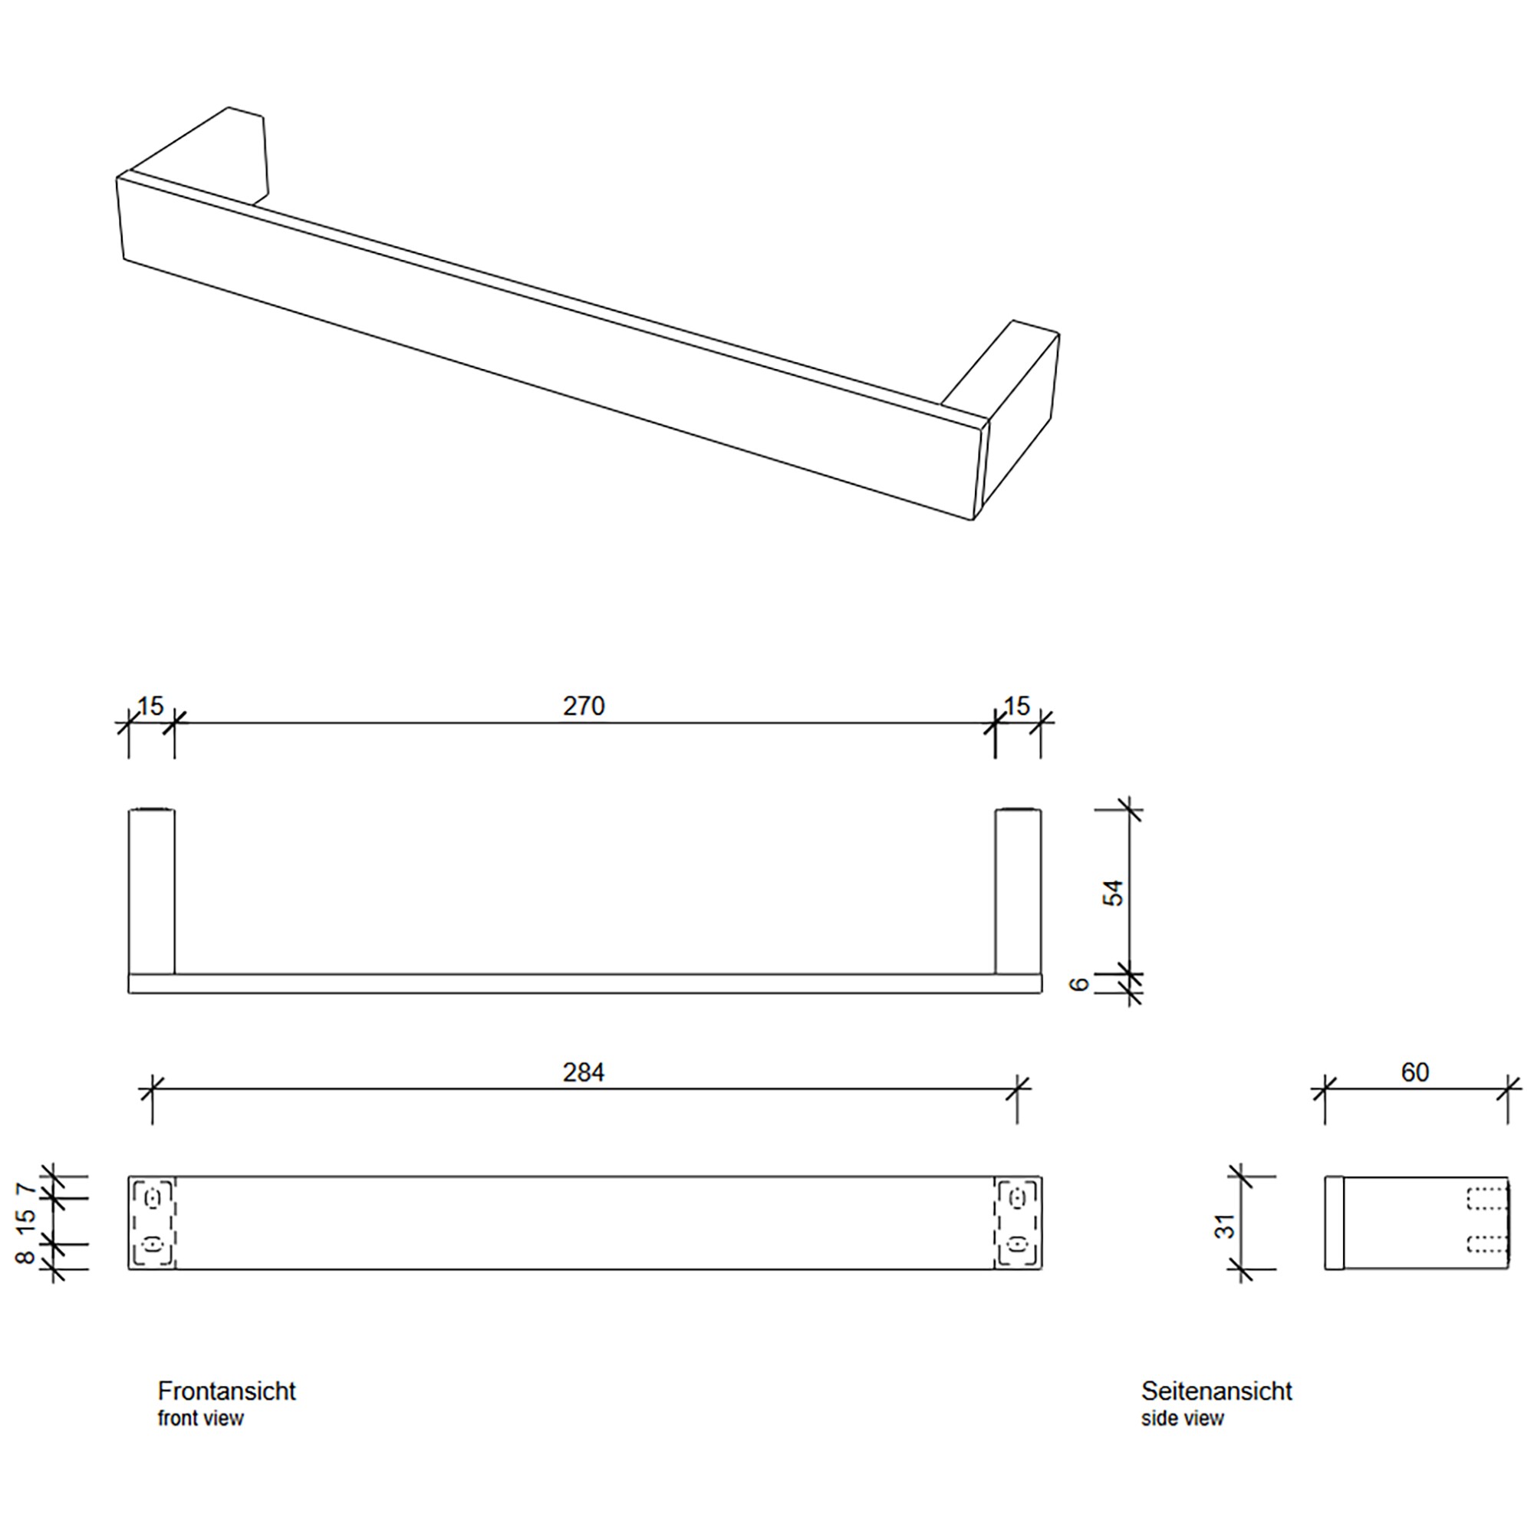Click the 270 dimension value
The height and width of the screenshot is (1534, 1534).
(584, 706)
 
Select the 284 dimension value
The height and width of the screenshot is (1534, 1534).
(584, 1073)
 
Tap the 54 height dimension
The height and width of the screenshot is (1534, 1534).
(1114, 894)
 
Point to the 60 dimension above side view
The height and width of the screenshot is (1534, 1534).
(1415, 1073)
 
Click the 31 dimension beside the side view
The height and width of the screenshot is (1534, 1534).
(1225, 1226)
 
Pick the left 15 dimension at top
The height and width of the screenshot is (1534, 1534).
(150, 705)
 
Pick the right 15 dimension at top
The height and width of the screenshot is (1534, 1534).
(1016, 705)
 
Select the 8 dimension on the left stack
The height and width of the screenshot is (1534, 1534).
(25, 1257)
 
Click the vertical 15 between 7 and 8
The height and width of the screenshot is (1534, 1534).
(25, 1221)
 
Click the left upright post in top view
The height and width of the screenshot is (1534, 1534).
(152, 890)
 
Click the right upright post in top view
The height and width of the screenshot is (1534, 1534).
(1018, 890)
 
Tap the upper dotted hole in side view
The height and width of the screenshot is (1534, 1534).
(1486, 1199)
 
